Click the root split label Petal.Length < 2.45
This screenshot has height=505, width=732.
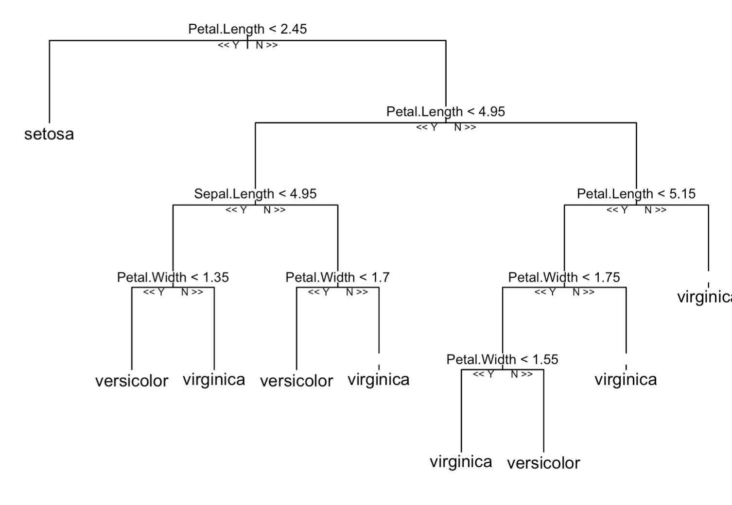(247, 29)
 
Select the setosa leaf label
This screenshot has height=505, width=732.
(49, 134)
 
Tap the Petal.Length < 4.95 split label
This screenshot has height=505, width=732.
(445, 112)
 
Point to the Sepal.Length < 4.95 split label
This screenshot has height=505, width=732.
(255, 194)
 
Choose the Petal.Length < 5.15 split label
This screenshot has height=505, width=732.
(636, 194)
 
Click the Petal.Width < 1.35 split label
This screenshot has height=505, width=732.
(173, 277)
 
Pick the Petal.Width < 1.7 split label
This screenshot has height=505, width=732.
(337, 277)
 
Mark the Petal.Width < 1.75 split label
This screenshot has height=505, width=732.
(564, 277)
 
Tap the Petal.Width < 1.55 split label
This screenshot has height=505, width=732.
(502, 359)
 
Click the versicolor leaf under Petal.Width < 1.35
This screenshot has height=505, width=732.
(132, 381)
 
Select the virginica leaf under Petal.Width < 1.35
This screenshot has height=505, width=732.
(214, 380)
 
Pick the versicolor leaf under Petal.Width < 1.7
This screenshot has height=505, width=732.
(296, 381)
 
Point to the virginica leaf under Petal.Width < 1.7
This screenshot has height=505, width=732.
(379, 380)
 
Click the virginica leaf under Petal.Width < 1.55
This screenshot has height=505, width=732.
(461, 462)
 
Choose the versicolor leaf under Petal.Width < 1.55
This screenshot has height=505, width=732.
(543, 463)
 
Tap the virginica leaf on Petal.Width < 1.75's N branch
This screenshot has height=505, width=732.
(626, 380)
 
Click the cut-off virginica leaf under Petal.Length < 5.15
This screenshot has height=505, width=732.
(704, 297)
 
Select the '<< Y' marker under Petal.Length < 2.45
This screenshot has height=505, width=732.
(228, 45)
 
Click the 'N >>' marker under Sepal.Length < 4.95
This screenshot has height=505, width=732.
(275, 210)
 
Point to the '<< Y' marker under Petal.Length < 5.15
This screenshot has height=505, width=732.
(617, 210)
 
